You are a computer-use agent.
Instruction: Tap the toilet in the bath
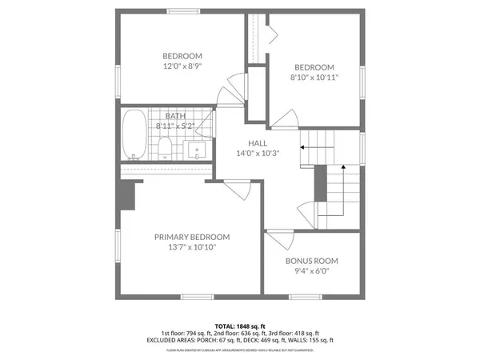point(166,147)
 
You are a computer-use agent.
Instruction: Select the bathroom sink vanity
point(196,149)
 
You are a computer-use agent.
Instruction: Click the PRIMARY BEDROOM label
point(192,237)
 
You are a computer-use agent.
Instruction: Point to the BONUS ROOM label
point(312,261)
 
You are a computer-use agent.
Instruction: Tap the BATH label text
point(175,116)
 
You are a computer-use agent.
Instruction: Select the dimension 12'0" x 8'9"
point(182,67)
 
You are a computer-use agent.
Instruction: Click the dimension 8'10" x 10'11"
point(314,78)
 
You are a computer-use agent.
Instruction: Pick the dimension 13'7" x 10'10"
point(192,248)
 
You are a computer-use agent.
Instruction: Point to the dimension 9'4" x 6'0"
point(312,272)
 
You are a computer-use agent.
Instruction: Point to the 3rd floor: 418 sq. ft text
point(294,333)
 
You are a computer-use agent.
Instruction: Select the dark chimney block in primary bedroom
point(125,196)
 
